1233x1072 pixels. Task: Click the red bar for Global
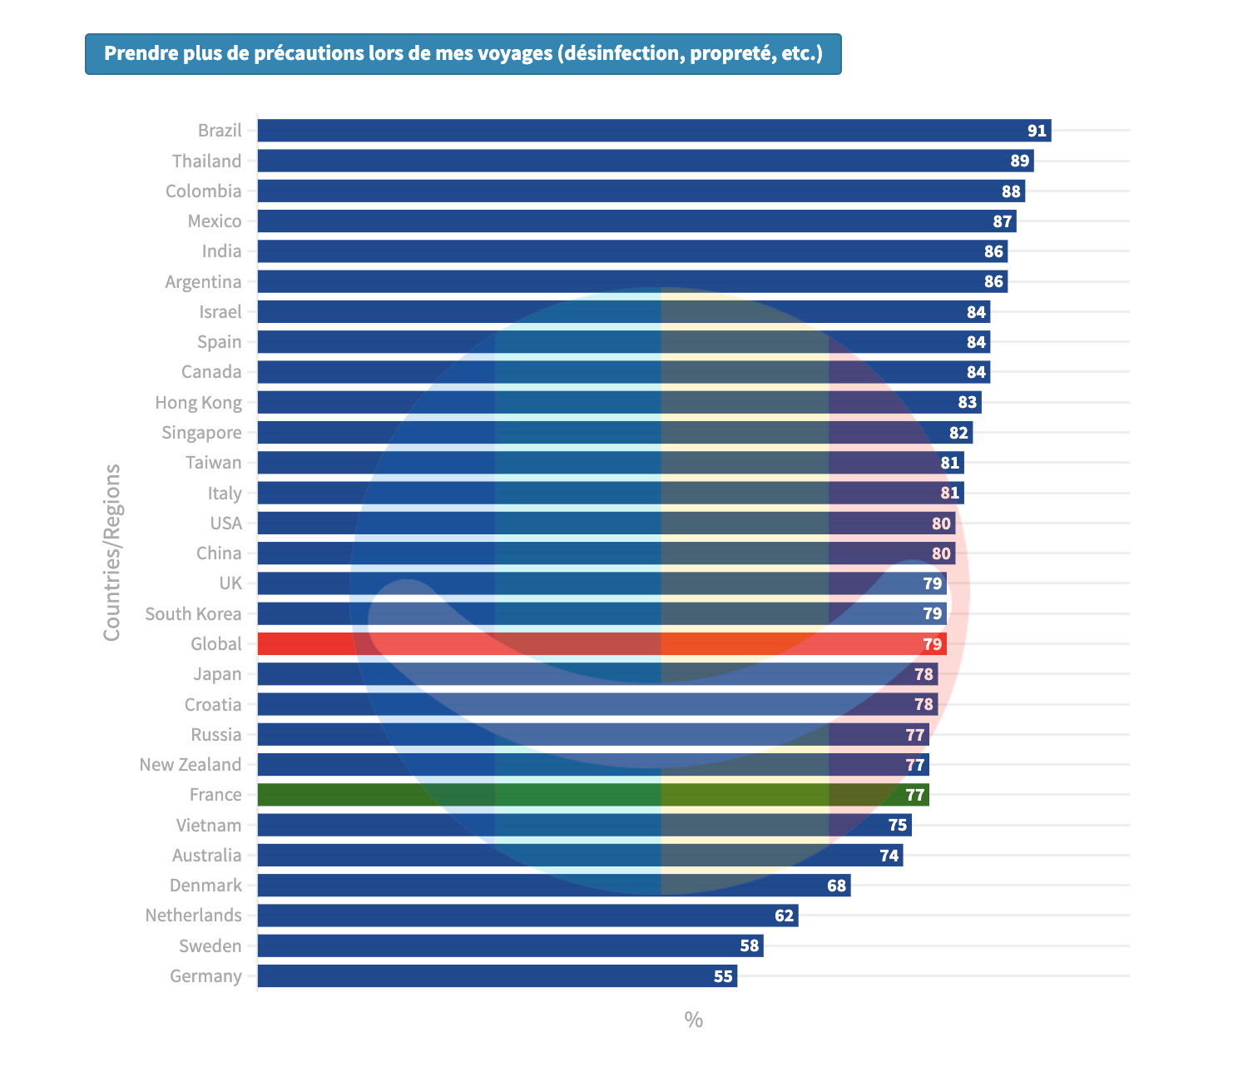click(x=602, y=644)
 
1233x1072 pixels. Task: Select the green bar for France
click(x=592, y=795)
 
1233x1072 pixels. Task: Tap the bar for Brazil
click(x=654, y=131)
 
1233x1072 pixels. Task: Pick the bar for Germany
click(x=497, y=976)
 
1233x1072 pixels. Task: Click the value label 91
click(x=1037, y=131)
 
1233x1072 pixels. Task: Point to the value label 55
click(x=723, y=976)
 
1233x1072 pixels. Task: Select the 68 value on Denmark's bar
click(x=836, y=886)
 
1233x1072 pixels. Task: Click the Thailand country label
click(x=206, y=161)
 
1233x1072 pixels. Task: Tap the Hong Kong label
click(x=198, y=403)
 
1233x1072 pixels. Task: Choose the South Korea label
click(x=193, y=614)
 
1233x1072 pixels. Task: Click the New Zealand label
click(x=191, y=765)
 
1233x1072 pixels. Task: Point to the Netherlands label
click(x=193, y=916)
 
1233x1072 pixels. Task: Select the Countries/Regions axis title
click(x=111, y=553)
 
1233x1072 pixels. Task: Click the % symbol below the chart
click(x=694, y=1020)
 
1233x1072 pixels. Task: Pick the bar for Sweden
click(x=510, y=946)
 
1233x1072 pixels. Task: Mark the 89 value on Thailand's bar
click(x=1019, y=161)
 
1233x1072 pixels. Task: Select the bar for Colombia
click(x=641, y=191)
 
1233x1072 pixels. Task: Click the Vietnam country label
click(x=209, y=826)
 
